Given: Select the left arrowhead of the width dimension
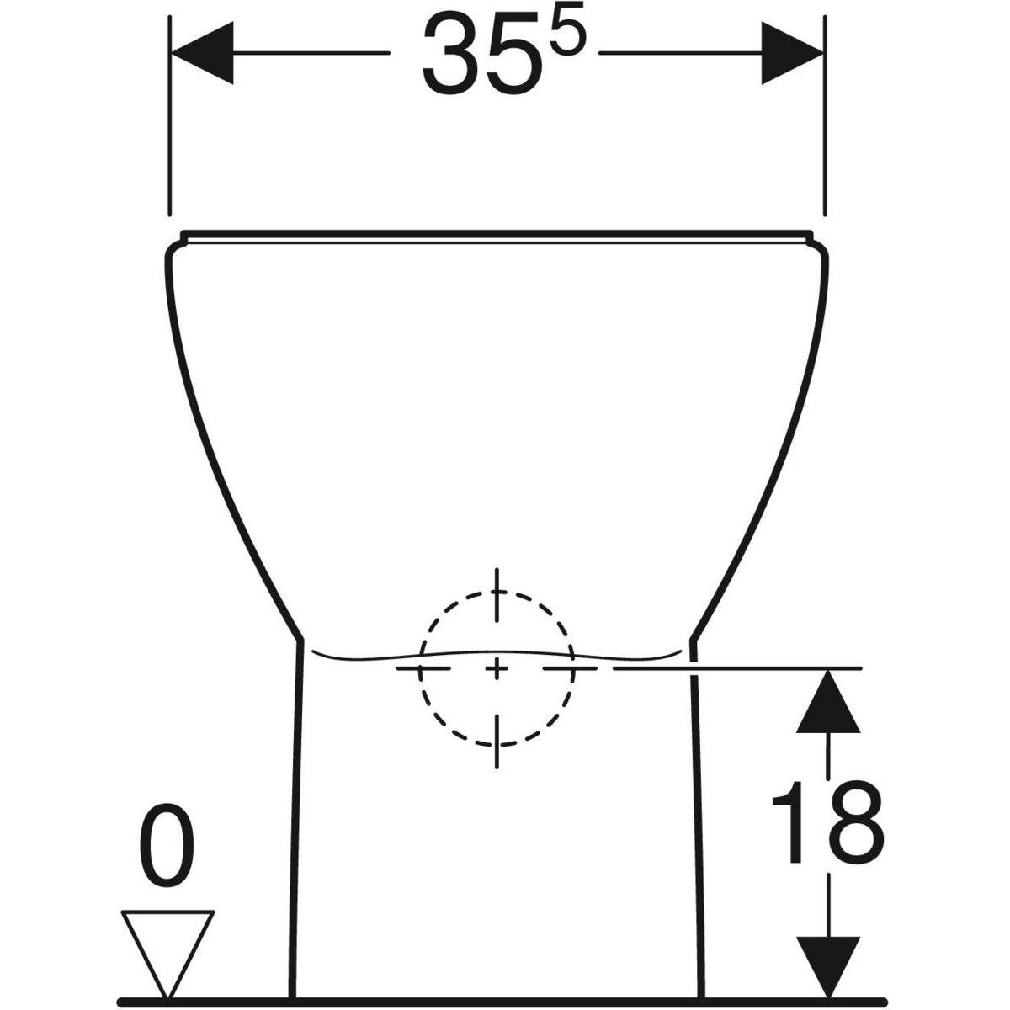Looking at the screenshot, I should pos(202,54).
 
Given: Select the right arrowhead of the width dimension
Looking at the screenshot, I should pos(792,54).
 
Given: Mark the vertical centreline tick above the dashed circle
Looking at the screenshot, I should pos(497,586).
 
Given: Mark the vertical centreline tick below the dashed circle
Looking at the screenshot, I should pos(497,742).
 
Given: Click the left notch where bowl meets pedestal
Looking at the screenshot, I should pos(300,640).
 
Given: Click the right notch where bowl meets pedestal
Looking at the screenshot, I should pos(694,640).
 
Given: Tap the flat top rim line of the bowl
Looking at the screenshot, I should pos(497,232).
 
